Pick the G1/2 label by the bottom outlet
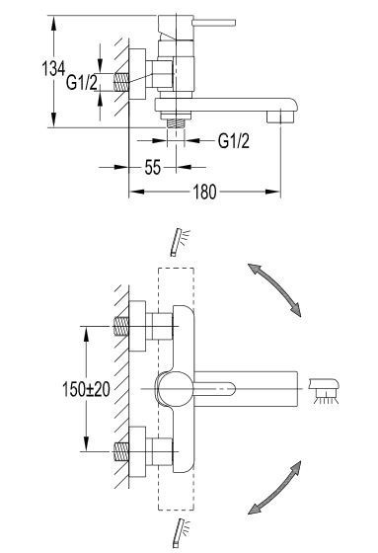(235, 141)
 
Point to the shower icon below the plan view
(180, 531)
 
